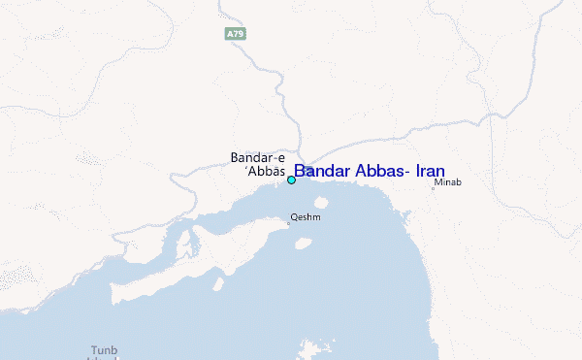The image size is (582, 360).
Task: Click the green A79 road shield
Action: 235,34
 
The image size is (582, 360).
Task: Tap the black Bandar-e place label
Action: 257,157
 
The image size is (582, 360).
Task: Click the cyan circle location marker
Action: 291,180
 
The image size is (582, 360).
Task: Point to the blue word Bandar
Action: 325,171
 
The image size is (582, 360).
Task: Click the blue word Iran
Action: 430,171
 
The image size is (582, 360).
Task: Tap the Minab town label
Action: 447,181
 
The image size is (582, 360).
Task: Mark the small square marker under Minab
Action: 434,188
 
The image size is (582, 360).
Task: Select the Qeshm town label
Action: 306,217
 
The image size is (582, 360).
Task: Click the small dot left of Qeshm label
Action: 287,223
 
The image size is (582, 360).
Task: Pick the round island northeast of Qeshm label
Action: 321,205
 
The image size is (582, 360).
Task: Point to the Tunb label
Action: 103,349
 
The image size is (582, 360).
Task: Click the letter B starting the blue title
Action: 300,171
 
